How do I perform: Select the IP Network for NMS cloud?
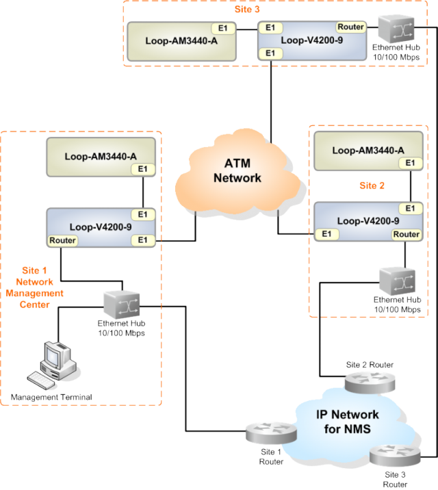(x=347, y=422)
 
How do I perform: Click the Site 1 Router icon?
(x=272, y=433)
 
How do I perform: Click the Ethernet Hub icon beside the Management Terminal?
(x=123, y=302)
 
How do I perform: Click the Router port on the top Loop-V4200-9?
(x=351, y=27)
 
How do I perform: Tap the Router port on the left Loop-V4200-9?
(x=62, y=240)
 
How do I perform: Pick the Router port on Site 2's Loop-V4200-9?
(x=406, y=235)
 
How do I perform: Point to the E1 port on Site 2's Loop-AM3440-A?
(x=410, y=164)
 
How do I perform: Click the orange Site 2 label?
(x=372, y=185)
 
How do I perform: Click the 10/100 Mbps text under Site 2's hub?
(x=396, y=309)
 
